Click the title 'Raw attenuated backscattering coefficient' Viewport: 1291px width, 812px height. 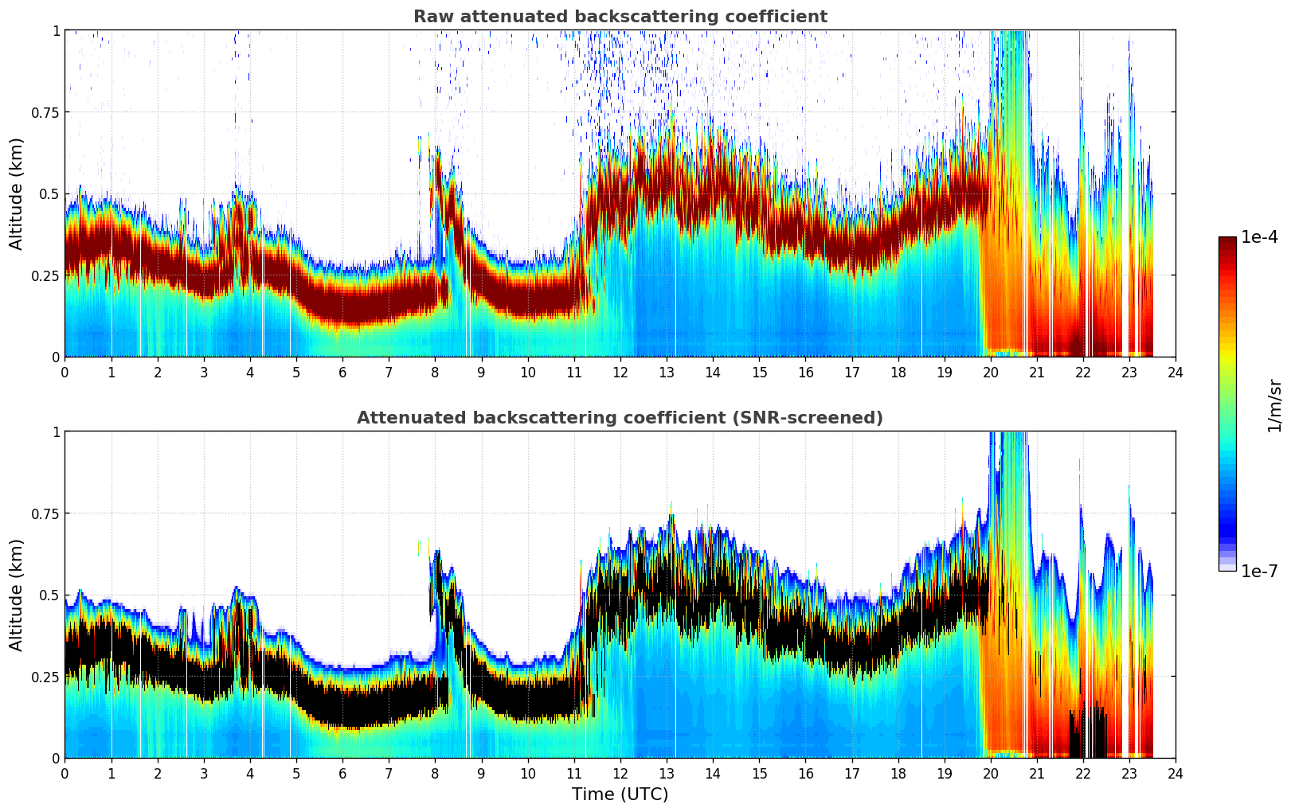click(620, 17)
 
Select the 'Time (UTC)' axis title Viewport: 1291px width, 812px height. click(620, 794)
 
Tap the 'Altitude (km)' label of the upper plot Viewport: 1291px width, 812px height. click(17, 193)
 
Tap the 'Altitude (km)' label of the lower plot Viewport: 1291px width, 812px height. click(17, 595)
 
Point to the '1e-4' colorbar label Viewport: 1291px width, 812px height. click(1259, 237)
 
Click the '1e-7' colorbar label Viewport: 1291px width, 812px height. click(1259, 571)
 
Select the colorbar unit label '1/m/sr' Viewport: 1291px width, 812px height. click(1274, 405)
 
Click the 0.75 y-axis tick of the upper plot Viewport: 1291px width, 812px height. click(45, 112)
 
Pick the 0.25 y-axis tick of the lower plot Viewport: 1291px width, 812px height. click(45, 677)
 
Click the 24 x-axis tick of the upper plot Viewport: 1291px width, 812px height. click(1175, 372)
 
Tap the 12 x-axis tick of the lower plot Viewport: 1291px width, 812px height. click(620, 773)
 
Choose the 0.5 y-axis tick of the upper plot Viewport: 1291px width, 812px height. click(50, 193)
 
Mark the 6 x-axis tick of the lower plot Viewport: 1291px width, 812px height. click(342, 773)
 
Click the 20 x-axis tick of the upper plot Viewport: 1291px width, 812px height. click(990, 372)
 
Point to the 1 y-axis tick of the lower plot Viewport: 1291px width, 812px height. click(56, 432)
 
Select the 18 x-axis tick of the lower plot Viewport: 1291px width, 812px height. click(898, 773)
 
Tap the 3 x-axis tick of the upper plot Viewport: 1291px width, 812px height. click(204, 372)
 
